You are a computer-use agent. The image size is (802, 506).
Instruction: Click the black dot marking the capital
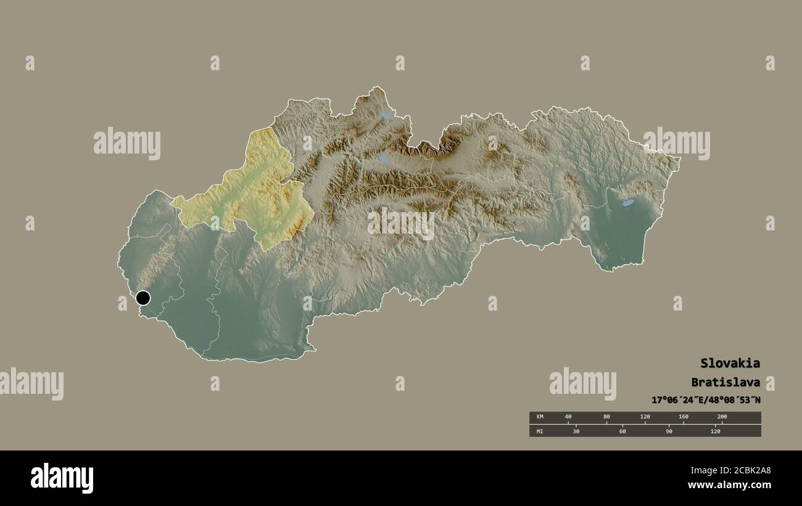coord(143,298)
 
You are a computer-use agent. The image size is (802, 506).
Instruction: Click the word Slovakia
coord(730,363)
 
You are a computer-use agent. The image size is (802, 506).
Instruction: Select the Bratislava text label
coord(726,382)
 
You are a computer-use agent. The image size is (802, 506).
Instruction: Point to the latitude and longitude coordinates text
coord(706,400)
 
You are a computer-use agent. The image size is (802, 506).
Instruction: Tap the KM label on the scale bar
coord(540,417)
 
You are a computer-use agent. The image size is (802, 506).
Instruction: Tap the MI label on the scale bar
coord(540,431)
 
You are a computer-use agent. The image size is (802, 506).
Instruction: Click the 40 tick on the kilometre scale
coord(568,417)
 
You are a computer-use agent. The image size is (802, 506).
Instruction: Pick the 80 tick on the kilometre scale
coord(606,417)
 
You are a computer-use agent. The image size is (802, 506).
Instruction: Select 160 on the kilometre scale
coord(684,417)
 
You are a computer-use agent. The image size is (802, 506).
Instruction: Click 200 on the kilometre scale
coord(722,417)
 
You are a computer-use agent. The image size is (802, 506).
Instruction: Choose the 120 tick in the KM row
coord(645,417)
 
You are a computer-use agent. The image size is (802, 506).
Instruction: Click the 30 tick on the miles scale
coord(576,431)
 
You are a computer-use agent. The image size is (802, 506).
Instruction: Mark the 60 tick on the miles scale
coord(622,431)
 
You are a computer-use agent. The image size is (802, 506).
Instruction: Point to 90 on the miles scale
coord(669,431)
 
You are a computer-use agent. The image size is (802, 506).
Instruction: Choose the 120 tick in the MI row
coord(715,431)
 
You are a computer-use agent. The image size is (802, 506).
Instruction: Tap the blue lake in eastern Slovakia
coord(627,203)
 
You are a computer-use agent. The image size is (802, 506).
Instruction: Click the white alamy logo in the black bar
coord(62,478)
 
